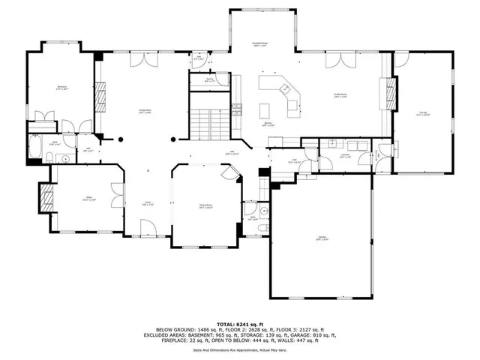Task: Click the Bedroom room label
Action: coord(62,88)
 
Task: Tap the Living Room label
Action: coord(145,112)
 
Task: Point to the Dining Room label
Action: coord(205,207)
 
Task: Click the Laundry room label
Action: coord(324,157)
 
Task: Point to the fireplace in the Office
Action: coord(45,198)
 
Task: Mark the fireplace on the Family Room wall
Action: coord(388,94)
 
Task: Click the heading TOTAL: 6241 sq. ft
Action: coord(239,323)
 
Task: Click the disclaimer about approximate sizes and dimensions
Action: coord(239,349)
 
